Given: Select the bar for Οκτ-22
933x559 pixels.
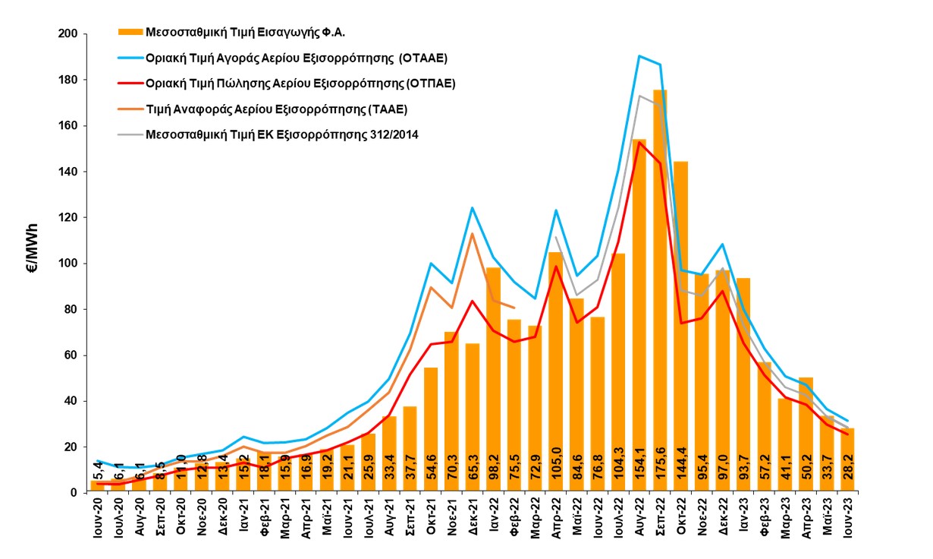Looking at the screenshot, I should tap(680, 327).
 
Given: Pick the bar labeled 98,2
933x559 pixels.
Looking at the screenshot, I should tap(494, 380).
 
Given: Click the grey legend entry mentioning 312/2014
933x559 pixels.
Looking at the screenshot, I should tap(280, 135).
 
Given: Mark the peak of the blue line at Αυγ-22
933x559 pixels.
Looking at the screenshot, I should tap(639, 55).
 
